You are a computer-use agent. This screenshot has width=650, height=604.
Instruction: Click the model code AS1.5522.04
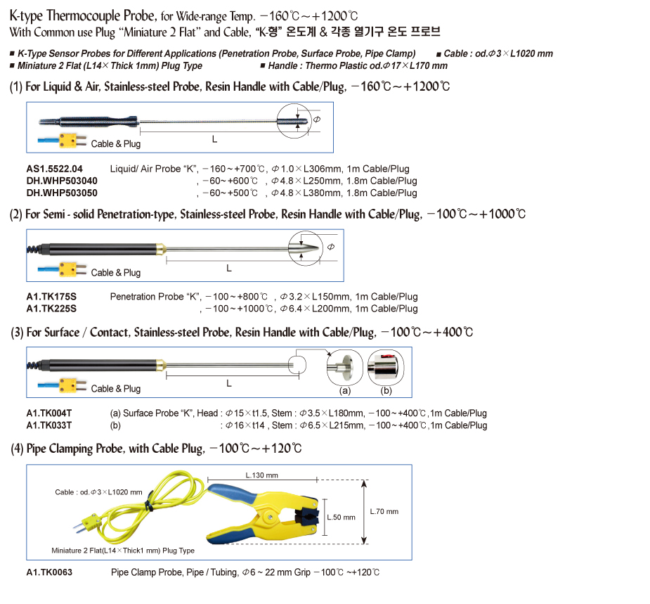(x=54, y=169)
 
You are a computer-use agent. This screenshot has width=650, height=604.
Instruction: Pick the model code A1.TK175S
(x=51, y=297)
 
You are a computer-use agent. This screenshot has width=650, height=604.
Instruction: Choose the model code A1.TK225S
(x=51, y=309)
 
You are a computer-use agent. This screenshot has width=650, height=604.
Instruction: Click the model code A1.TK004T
(x=49, y=413)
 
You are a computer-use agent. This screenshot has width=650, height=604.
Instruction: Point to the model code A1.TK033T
(x=49, y=425)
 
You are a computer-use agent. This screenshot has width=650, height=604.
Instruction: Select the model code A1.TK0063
(x=49, y=572)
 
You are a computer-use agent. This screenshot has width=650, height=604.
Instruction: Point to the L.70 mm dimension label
(x=384, y=511)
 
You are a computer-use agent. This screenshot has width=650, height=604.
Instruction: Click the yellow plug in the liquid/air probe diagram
(x=69, y=141)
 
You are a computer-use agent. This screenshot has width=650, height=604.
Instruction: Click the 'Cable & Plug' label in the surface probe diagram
(x=116, y=389)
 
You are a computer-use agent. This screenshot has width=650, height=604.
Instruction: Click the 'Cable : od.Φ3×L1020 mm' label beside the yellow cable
(x=99, y=492)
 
